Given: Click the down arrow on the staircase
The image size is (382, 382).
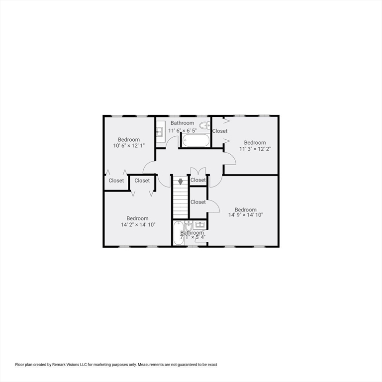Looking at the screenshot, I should pyautogui.click(x=180, y=182).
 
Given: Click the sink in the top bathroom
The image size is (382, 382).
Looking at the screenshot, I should pyautogui.click(x=160, y=132).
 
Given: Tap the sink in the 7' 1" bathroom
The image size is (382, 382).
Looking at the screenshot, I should pyautogui.click(x=199, y=225).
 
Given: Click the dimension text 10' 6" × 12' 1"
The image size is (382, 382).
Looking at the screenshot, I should pyautogui.click(x=129, y=146).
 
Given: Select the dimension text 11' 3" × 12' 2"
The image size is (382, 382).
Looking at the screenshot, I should pyautogui.click(x=255, y=149).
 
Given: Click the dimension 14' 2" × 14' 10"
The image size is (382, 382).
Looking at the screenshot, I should pyautogui.click(x=138, y=225).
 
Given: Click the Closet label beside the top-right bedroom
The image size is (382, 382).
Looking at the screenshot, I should pyautogui.click(x=220, y=131).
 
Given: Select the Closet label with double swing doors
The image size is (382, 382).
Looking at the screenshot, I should pyautogui.click(x=198, y=180).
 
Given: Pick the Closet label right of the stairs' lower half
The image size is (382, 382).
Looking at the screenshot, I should pyautogui.click(x=198, y=202).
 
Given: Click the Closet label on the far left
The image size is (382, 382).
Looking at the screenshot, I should pyautogui.click(x=116, y=181).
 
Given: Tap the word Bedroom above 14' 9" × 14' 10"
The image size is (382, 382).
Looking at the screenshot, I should pyautogui.click(x=246, y=209).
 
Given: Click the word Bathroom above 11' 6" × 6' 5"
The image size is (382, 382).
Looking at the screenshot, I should pyautogui.click(x=182, y=123).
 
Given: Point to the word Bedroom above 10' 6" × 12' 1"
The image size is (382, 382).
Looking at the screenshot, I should pyautogui.click(x=129, y=140).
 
